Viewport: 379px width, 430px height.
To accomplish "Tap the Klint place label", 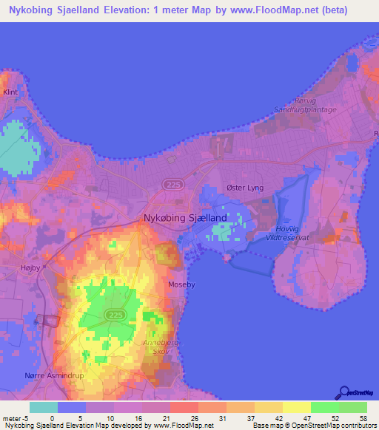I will (x=10, y=92).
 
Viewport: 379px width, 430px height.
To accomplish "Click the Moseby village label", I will (x=182, y=283).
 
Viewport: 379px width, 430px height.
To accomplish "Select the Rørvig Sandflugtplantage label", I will (x=305, y=106).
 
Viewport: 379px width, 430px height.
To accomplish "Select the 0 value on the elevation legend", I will (x=51, y=418).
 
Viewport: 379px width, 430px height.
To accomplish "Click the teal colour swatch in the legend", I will (x=44, y=407).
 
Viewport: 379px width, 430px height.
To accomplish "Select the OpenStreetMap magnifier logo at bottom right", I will (x=345, y=394).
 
